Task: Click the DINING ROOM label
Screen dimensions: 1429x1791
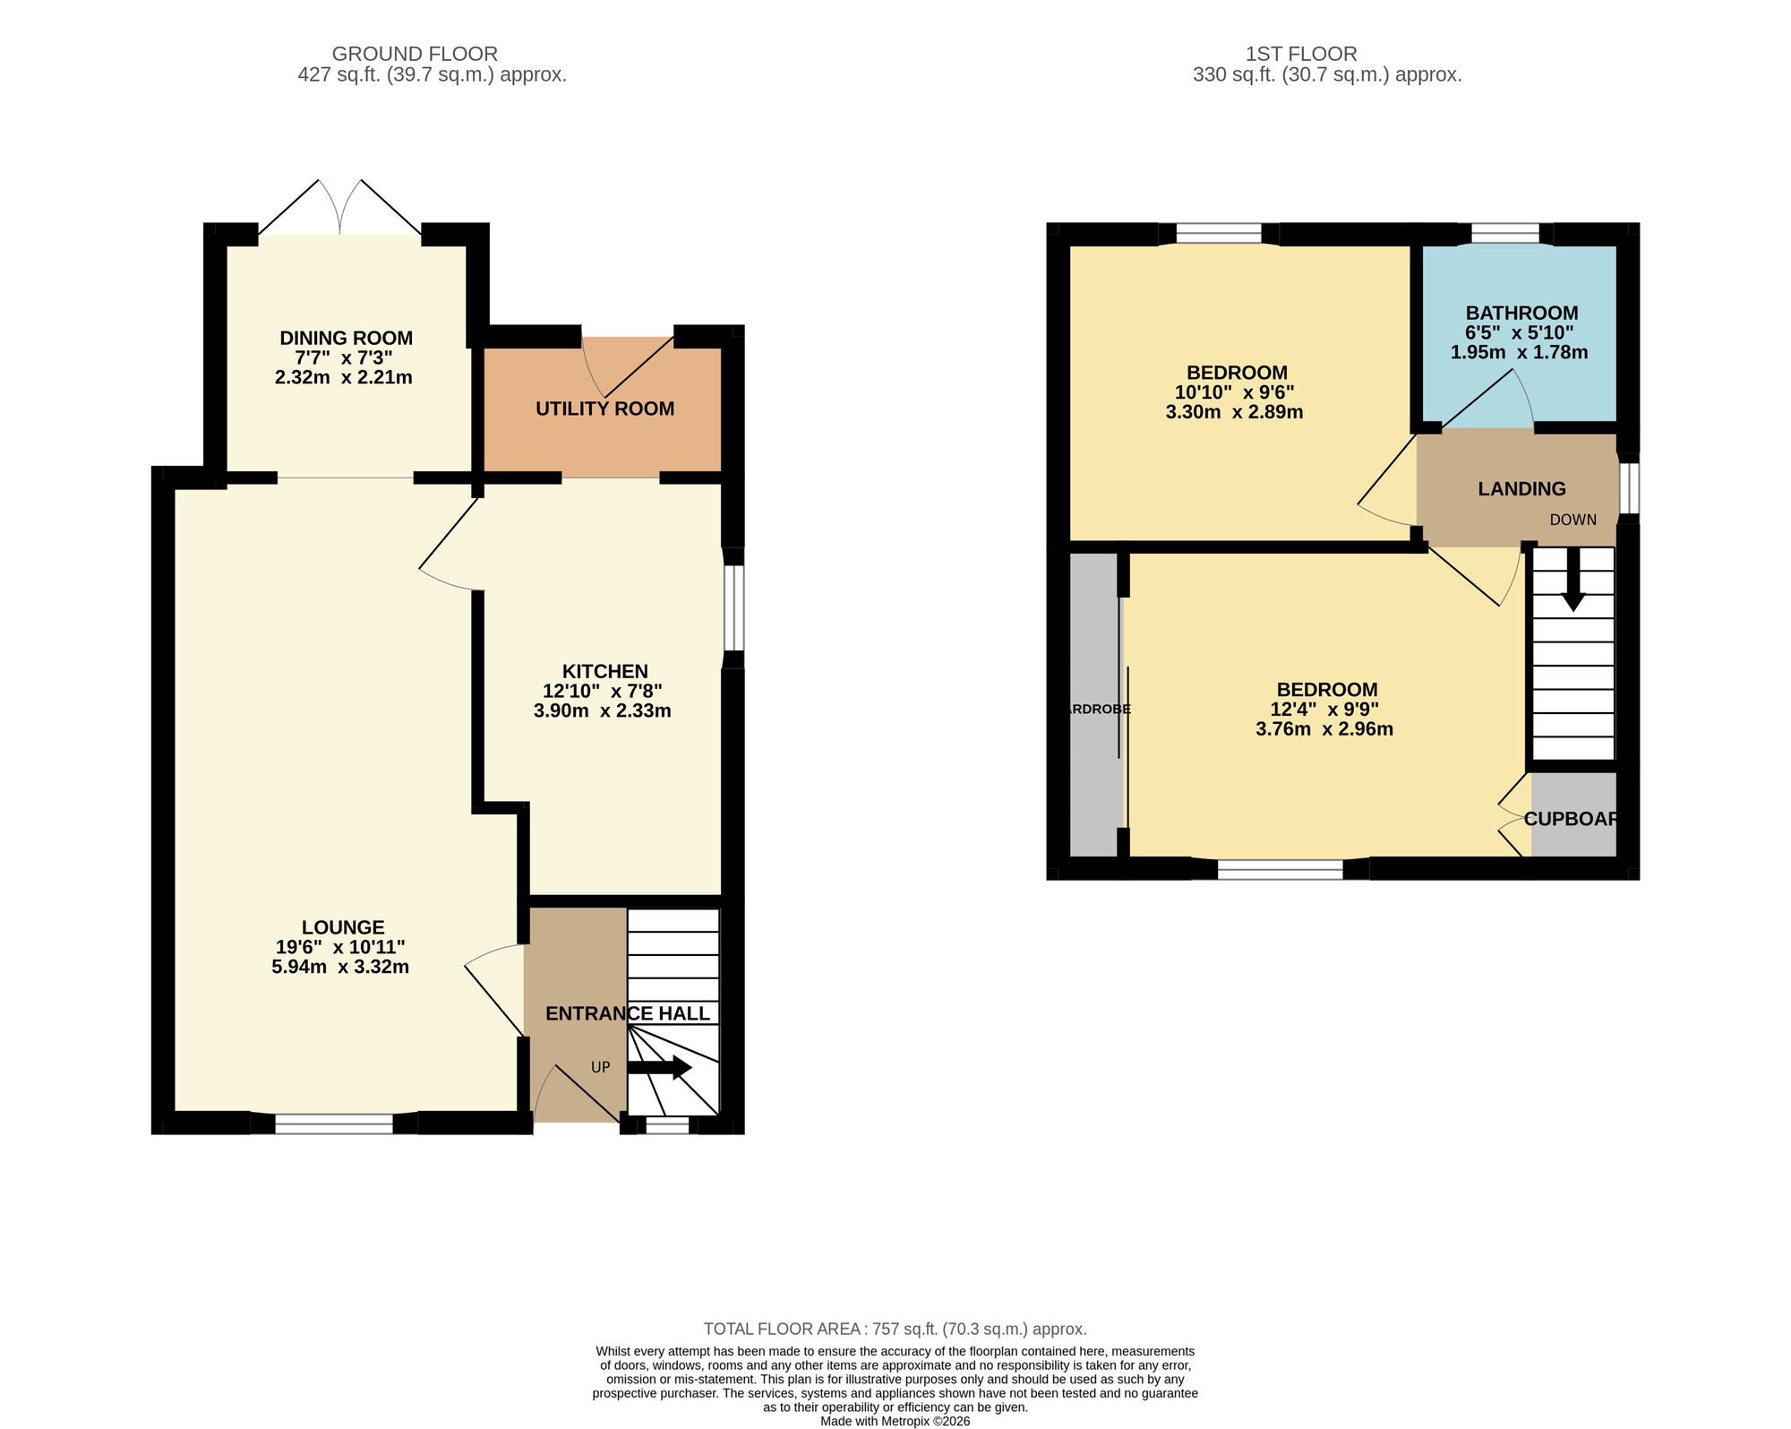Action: click(x=346, y=338)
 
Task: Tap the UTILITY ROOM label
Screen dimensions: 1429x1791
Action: click(x=604, y=409)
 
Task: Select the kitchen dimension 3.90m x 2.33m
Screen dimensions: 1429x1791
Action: click(x=602, y=711)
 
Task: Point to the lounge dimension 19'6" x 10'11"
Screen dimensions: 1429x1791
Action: click(x=340, y=947)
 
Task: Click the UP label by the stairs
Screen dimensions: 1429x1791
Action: click(x=600, y=1067)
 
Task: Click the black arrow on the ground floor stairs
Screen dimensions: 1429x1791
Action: click(x=660, y=1068)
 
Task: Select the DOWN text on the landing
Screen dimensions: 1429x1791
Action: click(x=1572, y=520)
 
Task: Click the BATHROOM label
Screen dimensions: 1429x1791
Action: click(x=1521, y=313)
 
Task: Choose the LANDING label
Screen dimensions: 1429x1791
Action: click(x=1521, y=488)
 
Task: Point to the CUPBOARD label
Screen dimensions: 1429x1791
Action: click(x=1572, y=819)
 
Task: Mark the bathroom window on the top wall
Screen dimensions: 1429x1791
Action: click(x=1505, y=234)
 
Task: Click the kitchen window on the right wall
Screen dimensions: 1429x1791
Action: click(x=733, y=607)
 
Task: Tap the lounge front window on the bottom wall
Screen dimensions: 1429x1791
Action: click(x=334, y=1123)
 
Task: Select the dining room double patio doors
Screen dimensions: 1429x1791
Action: click(x=340, y=211)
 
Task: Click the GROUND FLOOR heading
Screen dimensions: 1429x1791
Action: click(x=415, y=54)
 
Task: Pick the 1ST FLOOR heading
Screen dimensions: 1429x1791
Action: click(x=1301, y=54)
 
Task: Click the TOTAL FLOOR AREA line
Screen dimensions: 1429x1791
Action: click(x=895, y=1329)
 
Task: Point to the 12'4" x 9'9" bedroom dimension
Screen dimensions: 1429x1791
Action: click(x=1324, y=710)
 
